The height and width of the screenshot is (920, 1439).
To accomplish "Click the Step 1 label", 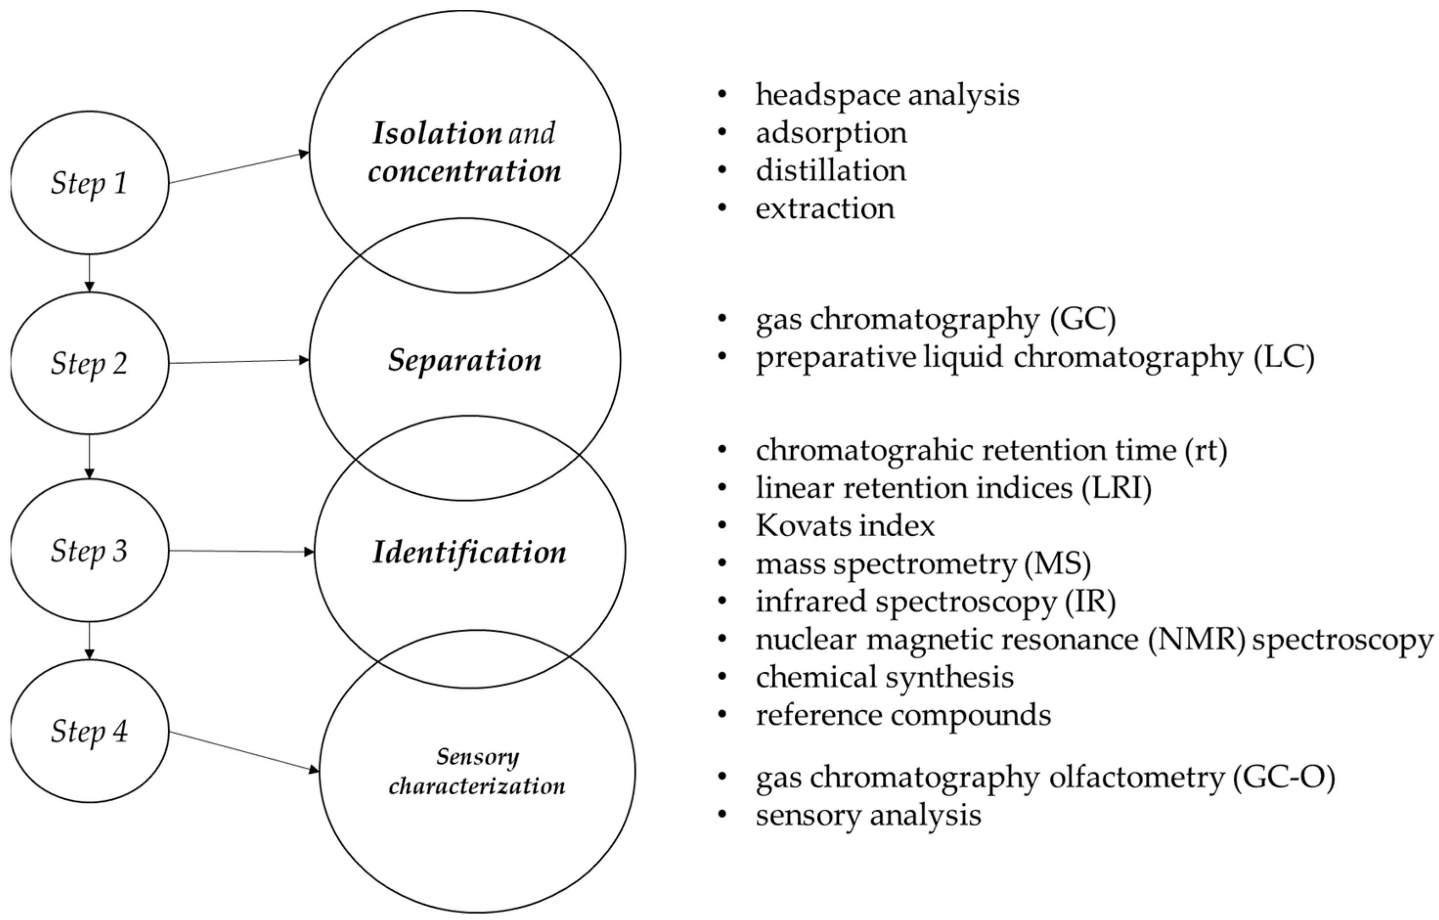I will (x=89, y=183).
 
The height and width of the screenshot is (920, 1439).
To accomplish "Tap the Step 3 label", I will (x=89, y=550).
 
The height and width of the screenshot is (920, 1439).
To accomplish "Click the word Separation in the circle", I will (x=464, y=360).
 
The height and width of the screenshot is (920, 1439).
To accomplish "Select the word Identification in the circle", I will (x=469, y=552).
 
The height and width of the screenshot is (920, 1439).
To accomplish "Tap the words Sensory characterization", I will (x=477, y=771).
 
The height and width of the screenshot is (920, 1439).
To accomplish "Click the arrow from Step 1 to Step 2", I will (x=89, y=273).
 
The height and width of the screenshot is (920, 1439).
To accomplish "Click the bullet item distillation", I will (x=830, y=171).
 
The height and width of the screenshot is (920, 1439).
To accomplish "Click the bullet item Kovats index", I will (x=845, y=526).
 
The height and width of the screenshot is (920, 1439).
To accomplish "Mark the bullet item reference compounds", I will (x=903, y=715).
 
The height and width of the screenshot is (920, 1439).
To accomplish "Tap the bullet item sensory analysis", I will (x=868, y=815).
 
